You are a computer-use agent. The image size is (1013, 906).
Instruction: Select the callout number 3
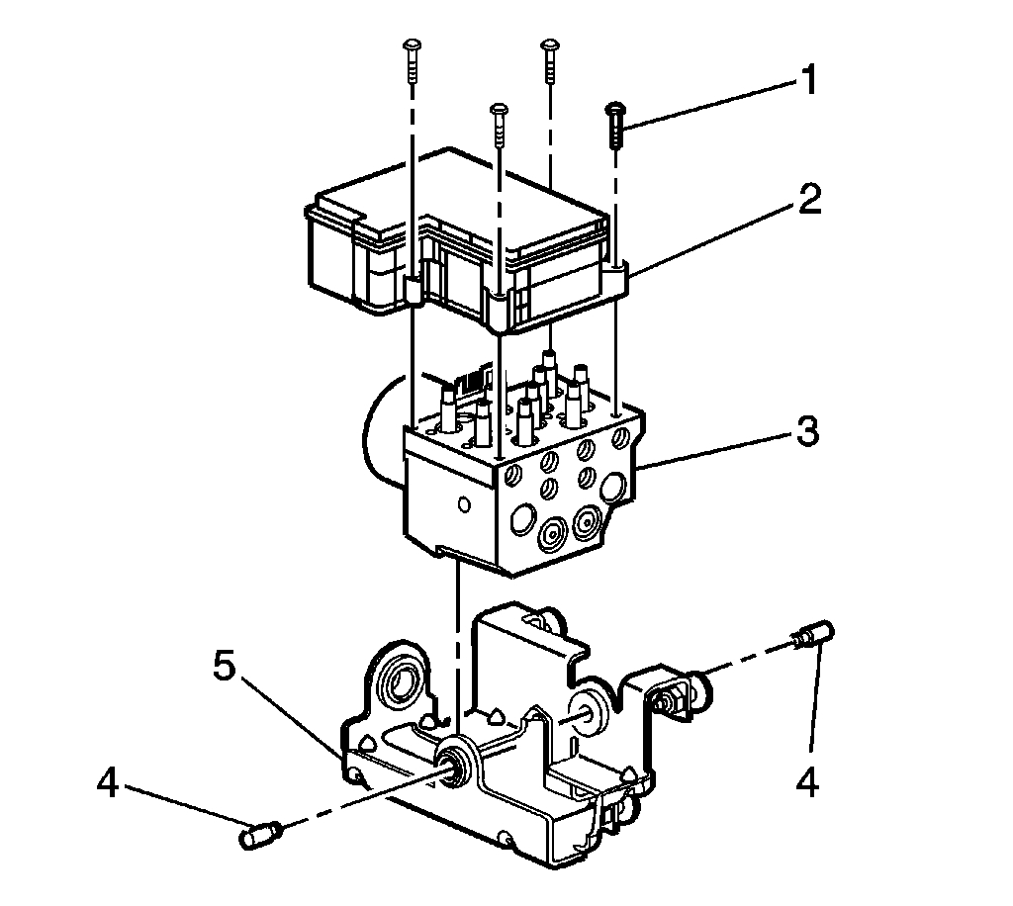point(809,432)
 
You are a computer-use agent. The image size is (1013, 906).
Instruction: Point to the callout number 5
point(225,667)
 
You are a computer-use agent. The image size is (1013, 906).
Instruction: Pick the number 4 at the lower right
point(808,783)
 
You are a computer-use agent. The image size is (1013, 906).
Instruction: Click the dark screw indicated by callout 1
point(616,124)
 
